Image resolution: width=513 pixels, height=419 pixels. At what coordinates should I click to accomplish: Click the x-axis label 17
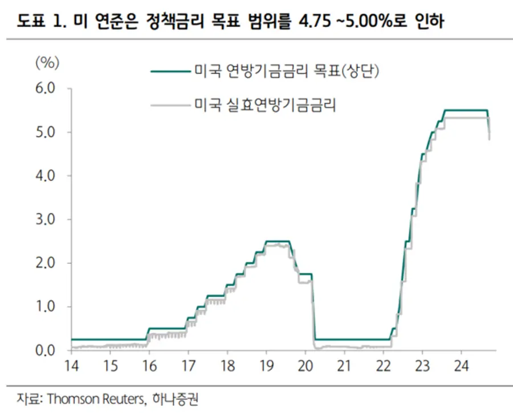(x=188, y=366)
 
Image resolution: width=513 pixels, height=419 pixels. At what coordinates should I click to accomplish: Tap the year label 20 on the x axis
(x=305, y=366)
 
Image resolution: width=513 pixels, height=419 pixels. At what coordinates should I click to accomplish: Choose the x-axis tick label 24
(x=461, y=366)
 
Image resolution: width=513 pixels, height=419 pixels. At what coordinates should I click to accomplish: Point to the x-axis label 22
(x=383, y=366)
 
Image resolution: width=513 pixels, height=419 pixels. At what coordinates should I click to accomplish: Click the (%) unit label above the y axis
(x=47, y=63)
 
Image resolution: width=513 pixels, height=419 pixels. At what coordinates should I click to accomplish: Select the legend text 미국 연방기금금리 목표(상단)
(x=287, y=72)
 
